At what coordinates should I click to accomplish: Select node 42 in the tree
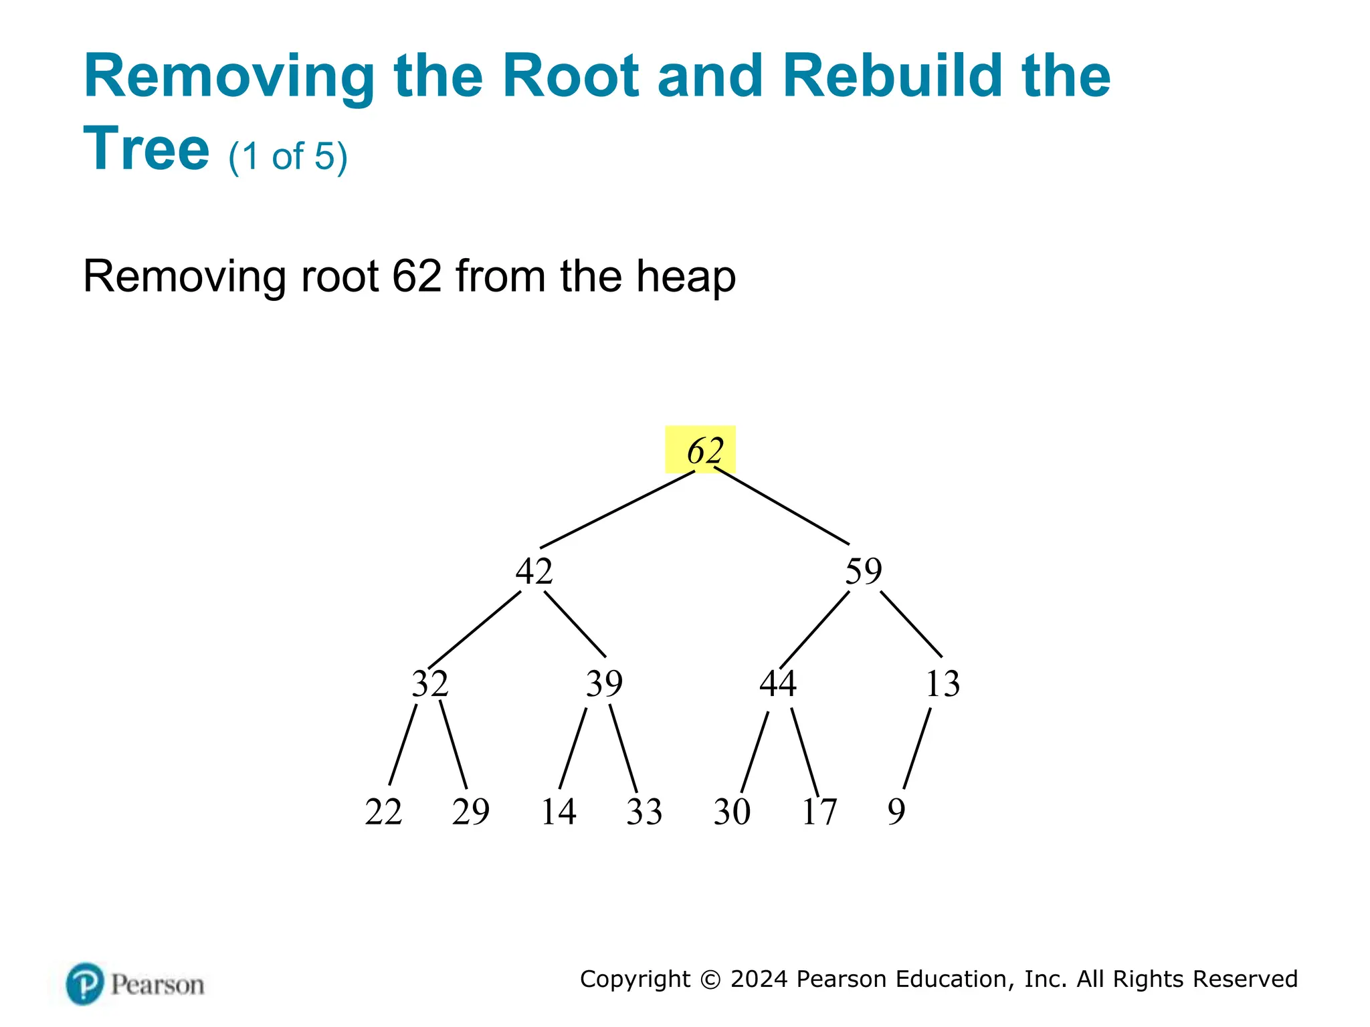tap(534, 572)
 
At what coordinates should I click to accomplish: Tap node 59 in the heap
tap(863, 572)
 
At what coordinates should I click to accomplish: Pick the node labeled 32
tap(429, 683)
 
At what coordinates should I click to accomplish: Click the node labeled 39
tap(604, 683)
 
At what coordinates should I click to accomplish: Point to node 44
tap(777, 683)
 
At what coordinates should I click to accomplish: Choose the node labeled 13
tap(943, 683)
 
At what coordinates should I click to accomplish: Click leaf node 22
tap(383, 812)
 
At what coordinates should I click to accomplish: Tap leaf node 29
tap(470, 812)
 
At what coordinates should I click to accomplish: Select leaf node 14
tap(558, 812)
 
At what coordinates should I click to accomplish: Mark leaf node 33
tap(644, 812)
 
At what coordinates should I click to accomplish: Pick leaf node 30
tap(732, 812)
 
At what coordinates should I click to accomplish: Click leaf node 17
tap(819, 812)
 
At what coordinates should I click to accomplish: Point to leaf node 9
tap(896, 812)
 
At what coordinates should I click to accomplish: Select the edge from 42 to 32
tap(474, 629)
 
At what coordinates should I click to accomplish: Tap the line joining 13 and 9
tap(916, 749)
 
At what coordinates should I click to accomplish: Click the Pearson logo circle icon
tap(85, 984)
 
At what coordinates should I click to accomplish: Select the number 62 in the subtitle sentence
tap(417, 275)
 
